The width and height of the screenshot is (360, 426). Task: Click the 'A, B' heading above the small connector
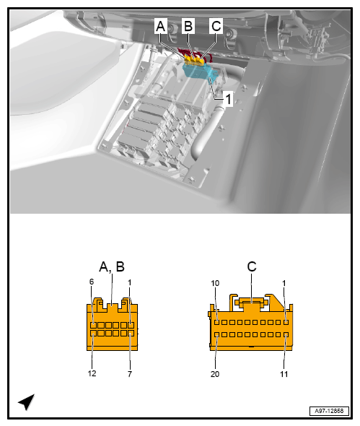[x=111, y=266]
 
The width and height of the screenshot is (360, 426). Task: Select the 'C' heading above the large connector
[x=252, y=266]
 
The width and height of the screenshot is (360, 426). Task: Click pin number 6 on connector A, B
[x=92, y=282]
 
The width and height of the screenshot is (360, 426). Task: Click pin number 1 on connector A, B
[x=131, y=282]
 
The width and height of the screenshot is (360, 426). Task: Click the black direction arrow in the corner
[x=27, y=401]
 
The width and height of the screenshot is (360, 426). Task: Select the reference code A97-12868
[x=328, y=409]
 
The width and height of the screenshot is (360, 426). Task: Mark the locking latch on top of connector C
[x=250, y=299]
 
